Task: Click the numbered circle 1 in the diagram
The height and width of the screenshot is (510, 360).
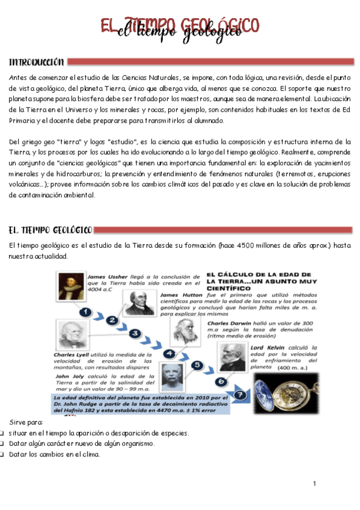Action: coord(85,312)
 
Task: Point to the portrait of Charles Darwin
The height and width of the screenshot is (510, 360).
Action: coord(181,330)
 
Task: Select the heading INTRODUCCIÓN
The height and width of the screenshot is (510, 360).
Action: coord(36,62)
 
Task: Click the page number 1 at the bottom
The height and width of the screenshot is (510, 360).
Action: coord(314,484)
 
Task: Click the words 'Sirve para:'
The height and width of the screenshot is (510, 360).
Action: coord(22,423)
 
